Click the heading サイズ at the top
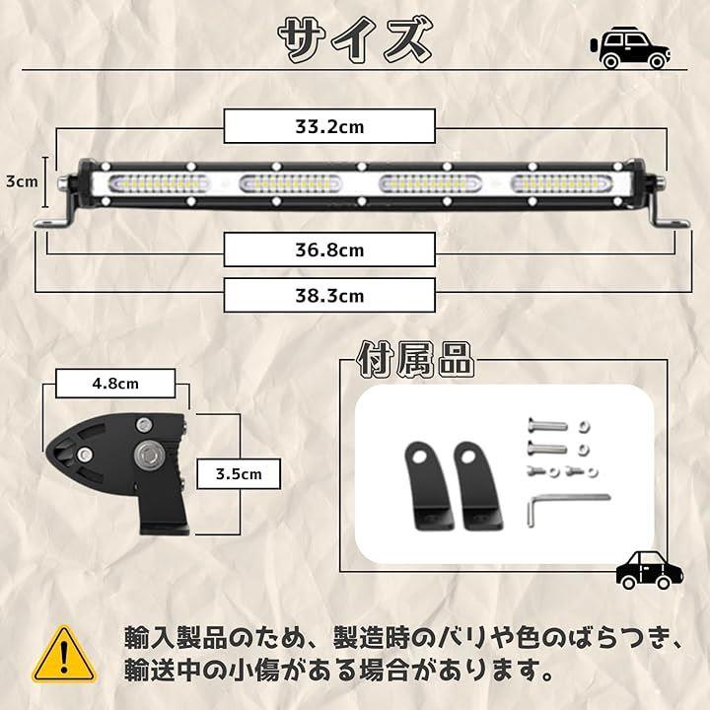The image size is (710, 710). (355, 39)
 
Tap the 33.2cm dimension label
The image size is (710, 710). (329, 127)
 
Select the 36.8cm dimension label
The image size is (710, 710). (329, 250)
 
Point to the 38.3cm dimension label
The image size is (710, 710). (329, 295)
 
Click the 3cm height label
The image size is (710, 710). (22, 181)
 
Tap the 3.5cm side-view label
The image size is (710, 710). (240, 474)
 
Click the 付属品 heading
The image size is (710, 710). (415, 360)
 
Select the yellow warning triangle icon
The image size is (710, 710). (64, 655)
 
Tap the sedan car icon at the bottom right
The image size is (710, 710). (649, 571)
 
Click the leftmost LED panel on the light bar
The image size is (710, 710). (158, 184)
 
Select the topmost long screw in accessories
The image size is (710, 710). (548, 426)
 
